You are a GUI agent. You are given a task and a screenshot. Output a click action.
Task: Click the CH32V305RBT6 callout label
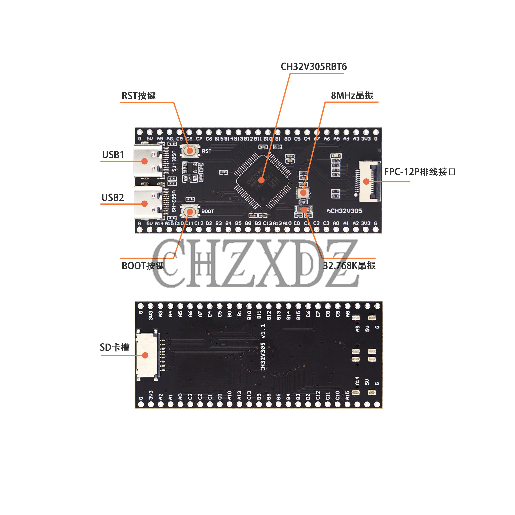coord(314,67)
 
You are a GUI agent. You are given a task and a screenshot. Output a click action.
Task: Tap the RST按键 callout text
coord(139,96)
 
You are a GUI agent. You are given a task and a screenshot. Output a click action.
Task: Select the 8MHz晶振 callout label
coord(352,95)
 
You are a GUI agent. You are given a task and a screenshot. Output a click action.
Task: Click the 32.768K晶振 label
coord(349,265)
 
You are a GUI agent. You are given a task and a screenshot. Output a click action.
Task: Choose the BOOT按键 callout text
coord(143,266)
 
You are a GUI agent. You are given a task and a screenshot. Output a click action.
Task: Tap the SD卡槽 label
coord(115,347)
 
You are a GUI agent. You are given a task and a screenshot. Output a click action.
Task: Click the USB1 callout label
coord(113,155)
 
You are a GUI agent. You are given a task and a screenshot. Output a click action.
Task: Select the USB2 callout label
coord(113,198)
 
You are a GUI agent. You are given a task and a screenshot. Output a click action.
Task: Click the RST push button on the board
coord(190,151)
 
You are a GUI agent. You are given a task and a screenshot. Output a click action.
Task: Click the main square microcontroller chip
coord(263,181)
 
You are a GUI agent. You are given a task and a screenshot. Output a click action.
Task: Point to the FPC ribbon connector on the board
coord(369,181)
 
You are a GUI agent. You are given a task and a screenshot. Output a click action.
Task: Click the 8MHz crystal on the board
coord(303,193)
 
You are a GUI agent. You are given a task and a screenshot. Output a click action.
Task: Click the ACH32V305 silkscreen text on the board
coord(344,211)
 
